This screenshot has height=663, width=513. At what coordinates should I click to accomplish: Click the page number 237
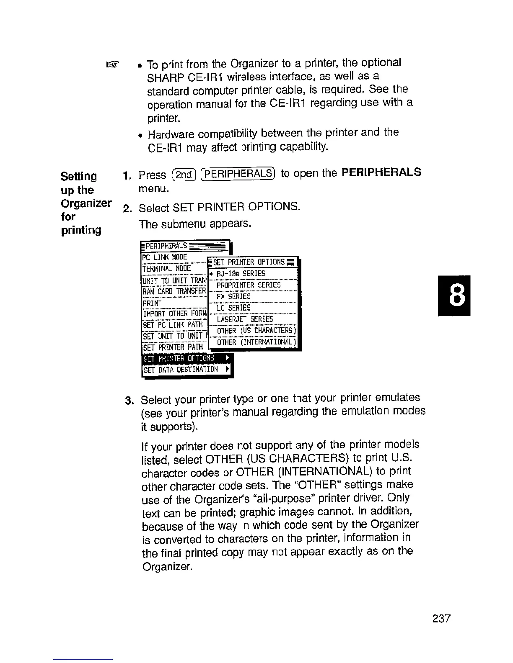point(441,618)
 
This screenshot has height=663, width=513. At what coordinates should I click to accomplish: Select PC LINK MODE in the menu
point(165,257)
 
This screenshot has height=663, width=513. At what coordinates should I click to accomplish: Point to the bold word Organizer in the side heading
point(86,203)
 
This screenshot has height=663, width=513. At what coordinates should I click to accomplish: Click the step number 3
point(129,400)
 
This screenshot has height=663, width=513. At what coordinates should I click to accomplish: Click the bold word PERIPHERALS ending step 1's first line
point(381,172)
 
